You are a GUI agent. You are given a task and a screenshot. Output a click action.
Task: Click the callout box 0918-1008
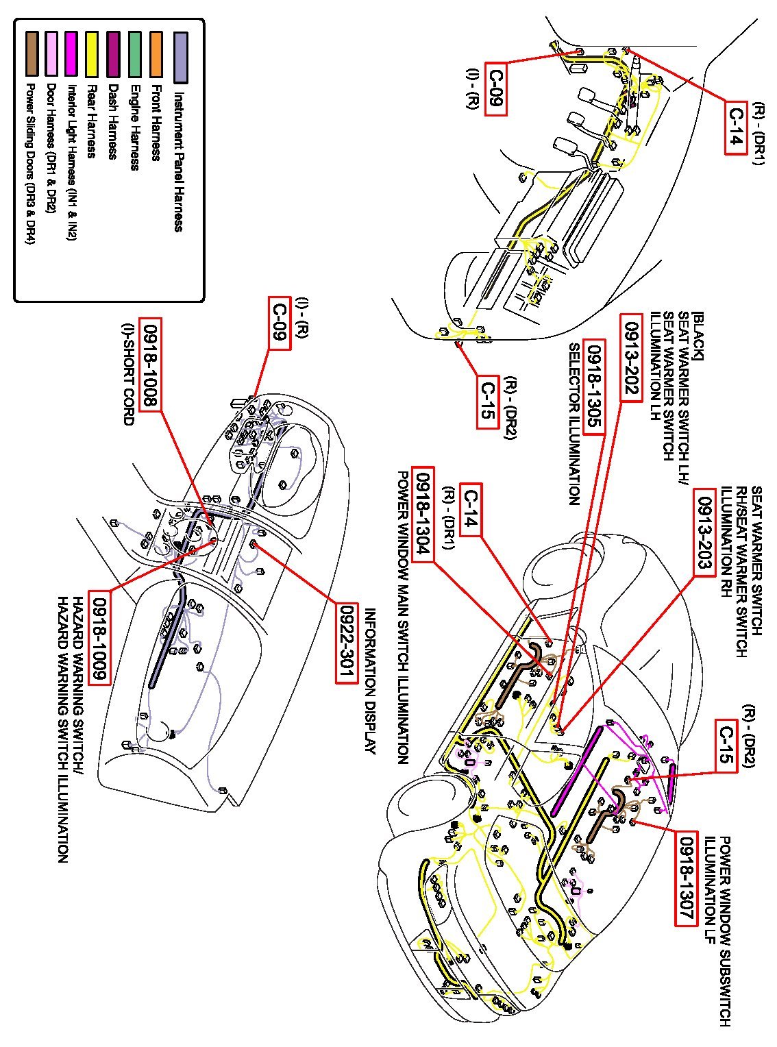click(x=150, y=364)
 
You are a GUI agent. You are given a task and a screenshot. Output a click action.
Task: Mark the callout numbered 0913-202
click(x=630, y=357)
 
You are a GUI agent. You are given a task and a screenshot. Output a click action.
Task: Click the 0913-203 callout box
click(x=704, y=532)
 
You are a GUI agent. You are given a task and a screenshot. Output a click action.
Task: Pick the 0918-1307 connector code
click(x=687, y=878)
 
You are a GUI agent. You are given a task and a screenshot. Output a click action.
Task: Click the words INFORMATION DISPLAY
click(x=371, y=682)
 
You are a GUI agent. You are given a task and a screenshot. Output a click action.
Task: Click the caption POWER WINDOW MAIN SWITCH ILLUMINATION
click(x=404, y=617)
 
